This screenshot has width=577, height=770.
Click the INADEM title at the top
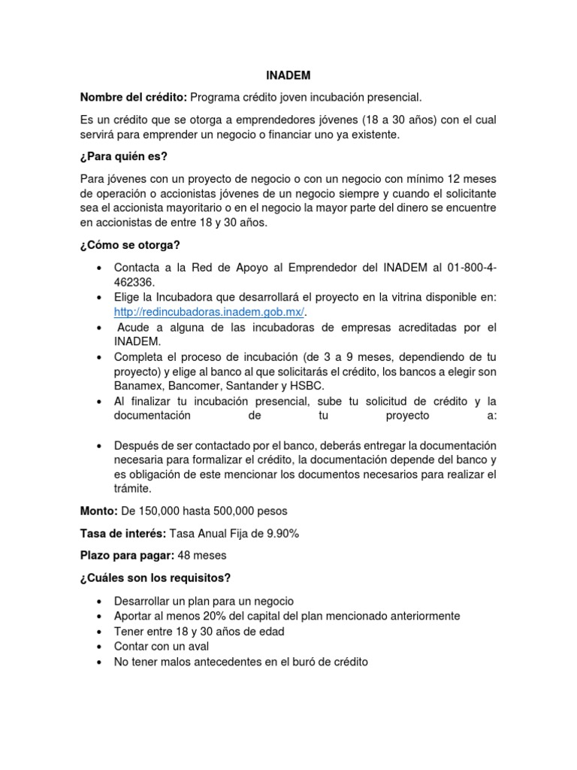pos(288,76)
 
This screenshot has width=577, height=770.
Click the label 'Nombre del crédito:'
pos(134,97)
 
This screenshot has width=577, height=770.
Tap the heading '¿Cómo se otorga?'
pos(130,245)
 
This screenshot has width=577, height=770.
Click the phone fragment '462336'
pos(134,283)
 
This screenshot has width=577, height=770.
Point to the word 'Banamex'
pos(136,387)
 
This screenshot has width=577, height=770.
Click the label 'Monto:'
pos(98,511)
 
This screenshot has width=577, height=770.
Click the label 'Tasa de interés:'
pos(125,533)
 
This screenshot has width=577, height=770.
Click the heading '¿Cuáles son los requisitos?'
pos(155,577)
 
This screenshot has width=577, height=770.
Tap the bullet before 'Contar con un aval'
pos(100,647)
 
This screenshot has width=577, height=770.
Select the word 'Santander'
pos(252,387)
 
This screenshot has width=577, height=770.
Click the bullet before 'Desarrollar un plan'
pos(100,602)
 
